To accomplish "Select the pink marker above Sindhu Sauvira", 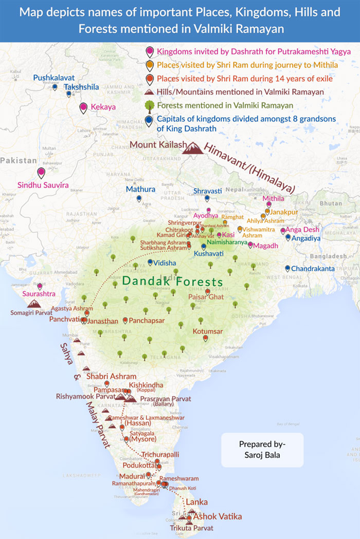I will click(41, 173).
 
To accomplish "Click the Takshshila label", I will click(81, 87).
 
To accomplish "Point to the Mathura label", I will click(140, 189).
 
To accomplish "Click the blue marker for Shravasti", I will click(207, 198).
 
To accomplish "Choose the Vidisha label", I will click(165, 263).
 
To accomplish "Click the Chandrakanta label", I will click(313, 269).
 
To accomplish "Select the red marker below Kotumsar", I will click(205, 338).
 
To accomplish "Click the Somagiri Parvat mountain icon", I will click(34, 304).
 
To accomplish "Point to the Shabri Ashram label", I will click(111, 376).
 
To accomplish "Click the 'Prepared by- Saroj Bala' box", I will click(262, 450).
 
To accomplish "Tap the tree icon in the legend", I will click(149, 106).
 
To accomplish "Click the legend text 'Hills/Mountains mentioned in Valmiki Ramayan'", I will click(240, 92).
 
